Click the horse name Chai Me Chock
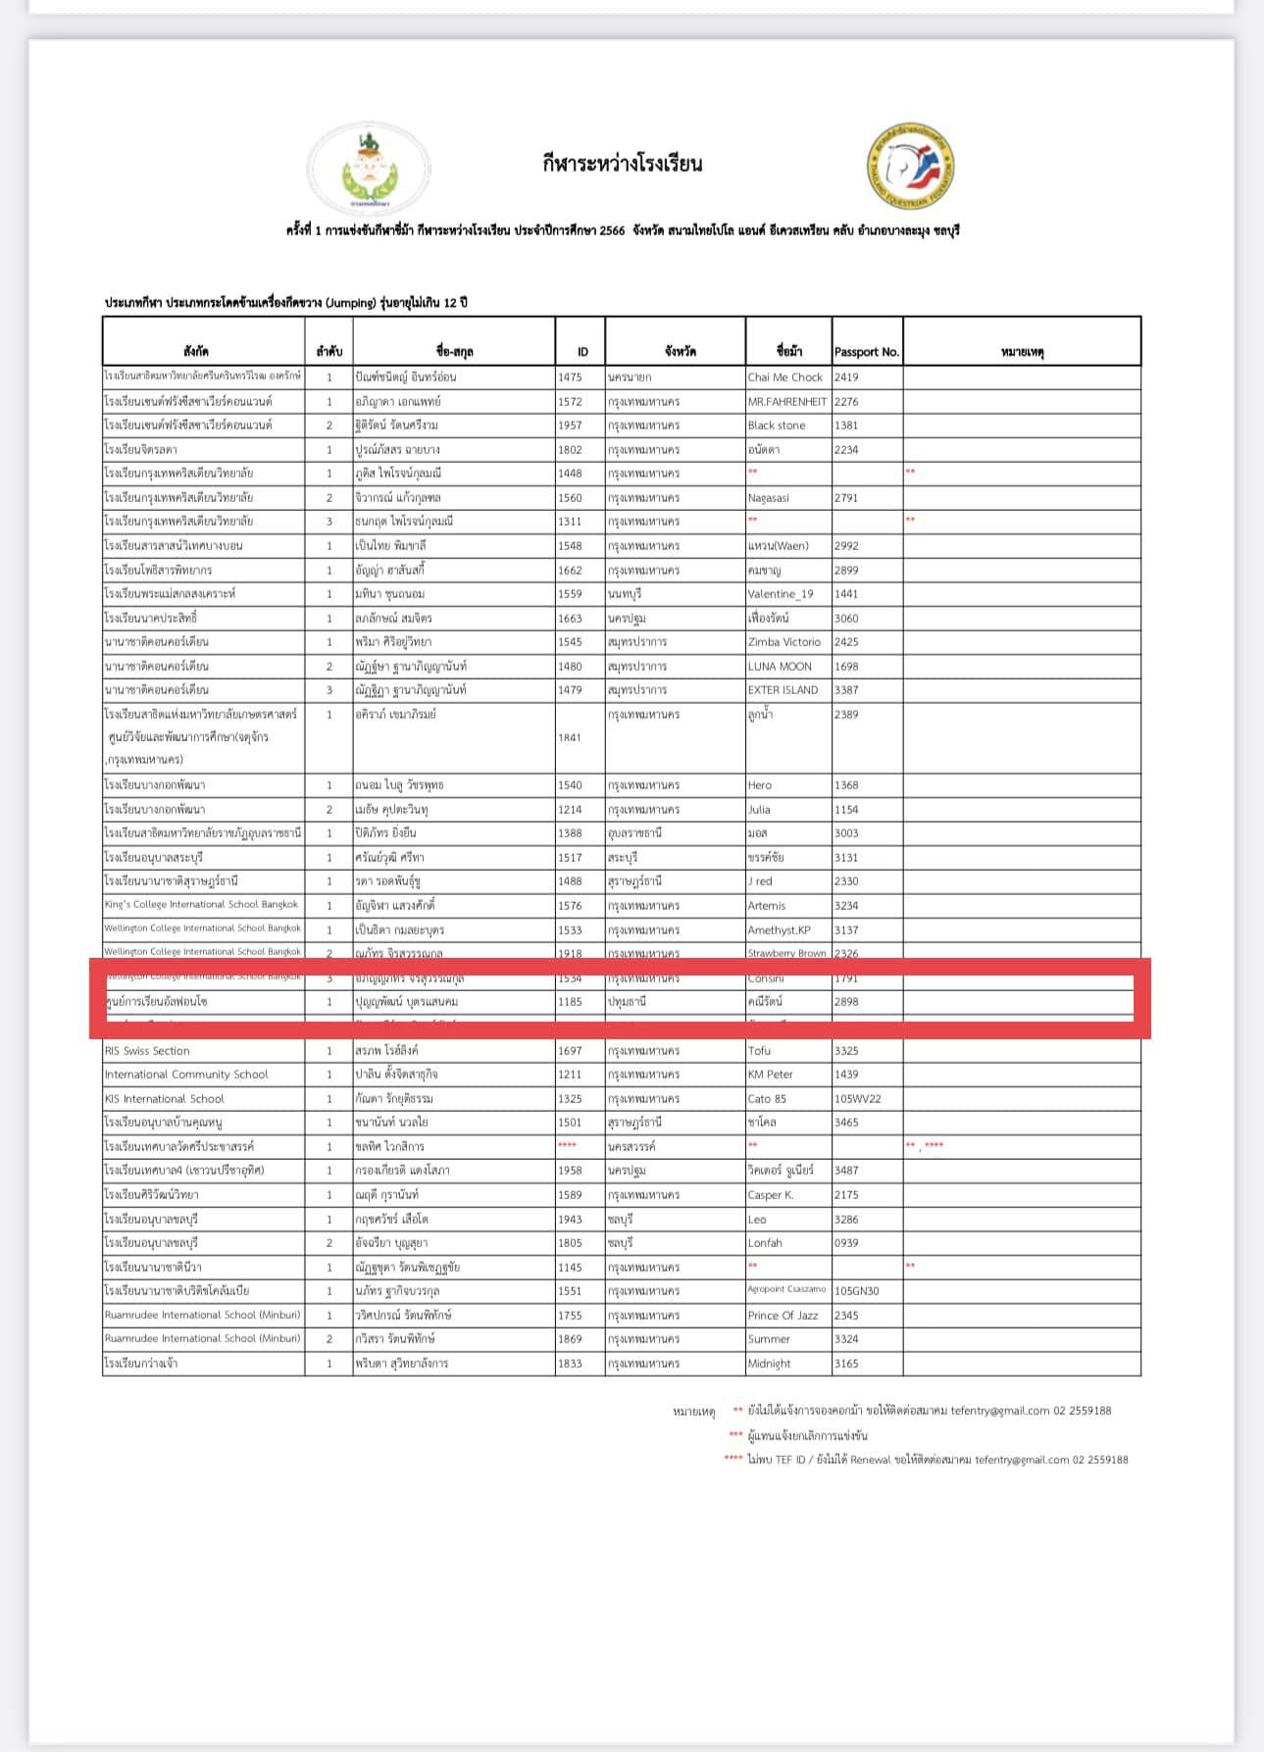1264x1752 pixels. [784, 377]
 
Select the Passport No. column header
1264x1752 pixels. [866, 352]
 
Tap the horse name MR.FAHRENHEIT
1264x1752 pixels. [786, 402]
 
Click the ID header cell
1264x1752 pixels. [582, 352]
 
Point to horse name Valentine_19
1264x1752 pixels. [780, 594]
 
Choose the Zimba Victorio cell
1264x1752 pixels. [784, 642]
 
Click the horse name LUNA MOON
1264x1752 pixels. [780, 667]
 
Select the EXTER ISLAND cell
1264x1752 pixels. [783, 690]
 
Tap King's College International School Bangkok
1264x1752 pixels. [201, 905]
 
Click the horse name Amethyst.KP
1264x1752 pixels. [779, 929]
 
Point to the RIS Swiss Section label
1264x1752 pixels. [147, 1051]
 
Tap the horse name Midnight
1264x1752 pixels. [769, 1364]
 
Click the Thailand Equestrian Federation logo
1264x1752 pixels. [910, 167]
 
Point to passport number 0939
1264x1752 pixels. [846, 1243]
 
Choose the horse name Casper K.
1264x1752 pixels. [770, 1195]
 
